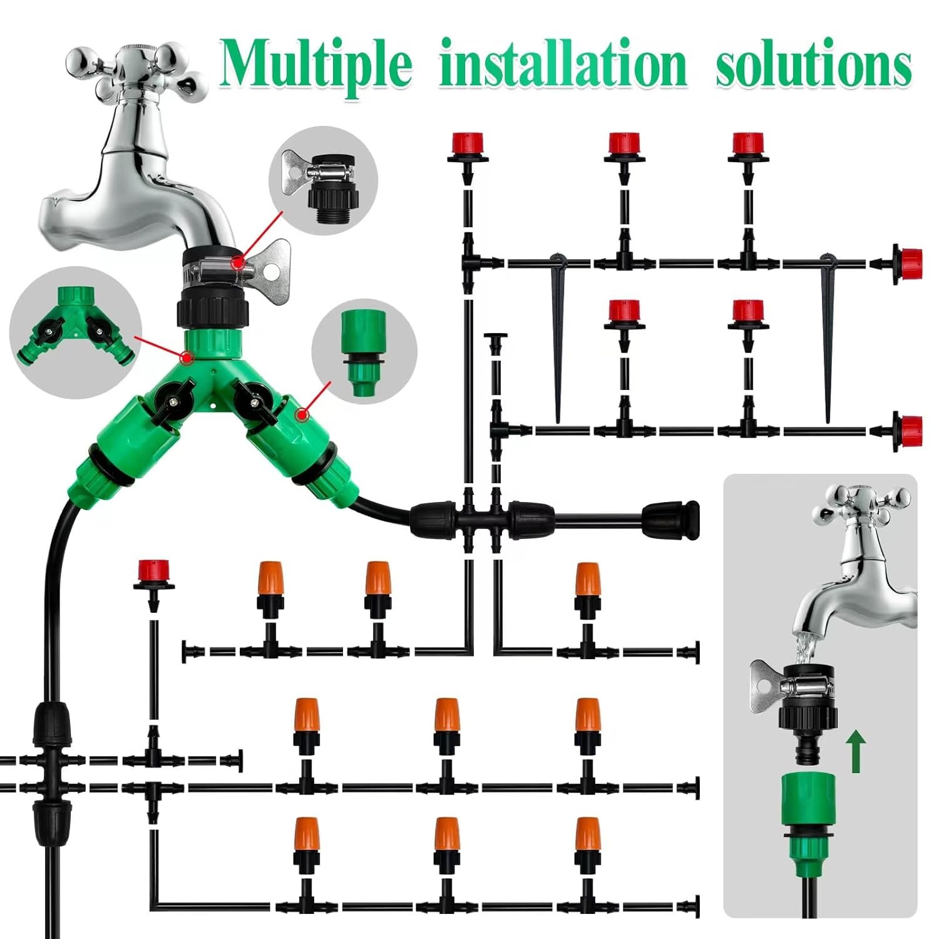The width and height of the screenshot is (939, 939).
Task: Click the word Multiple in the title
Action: point(316,65)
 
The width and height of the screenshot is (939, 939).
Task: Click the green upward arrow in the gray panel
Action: point(856,753)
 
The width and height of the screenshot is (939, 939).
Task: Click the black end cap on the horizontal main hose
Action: point(670,520)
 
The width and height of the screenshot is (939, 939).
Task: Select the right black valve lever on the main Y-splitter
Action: point(251,397)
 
